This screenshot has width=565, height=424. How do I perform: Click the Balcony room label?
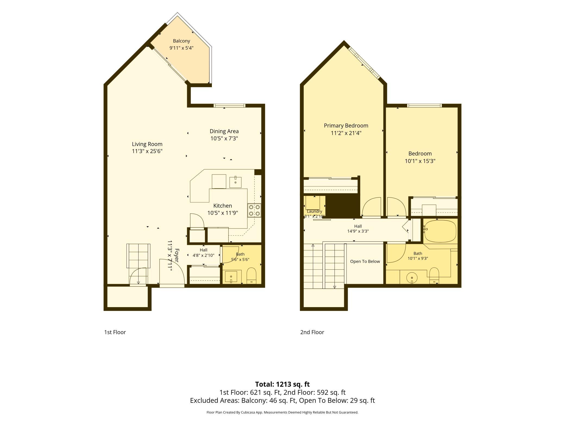(x=181, y=41)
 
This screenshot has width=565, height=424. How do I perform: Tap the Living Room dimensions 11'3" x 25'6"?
(x=147, y=151)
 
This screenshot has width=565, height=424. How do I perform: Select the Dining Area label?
(x=224, y=131)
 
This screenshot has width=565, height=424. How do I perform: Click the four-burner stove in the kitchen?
(x=254, y=210)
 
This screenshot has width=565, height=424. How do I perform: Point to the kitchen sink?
(x=235, y=182)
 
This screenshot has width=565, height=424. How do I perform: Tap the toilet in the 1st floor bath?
(x=252, y=276)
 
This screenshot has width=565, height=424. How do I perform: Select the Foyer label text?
(x=177, y=255)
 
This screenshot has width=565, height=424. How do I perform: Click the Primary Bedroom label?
(x=346, y=126)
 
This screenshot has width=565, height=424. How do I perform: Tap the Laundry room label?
(x=314, y=211)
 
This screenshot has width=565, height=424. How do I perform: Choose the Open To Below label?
(x=365, y=261)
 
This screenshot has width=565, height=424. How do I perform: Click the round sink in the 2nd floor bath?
(x=412, y=278)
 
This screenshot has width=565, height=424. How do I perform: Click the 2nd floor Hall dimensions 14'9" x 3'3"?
(x=358, y=231)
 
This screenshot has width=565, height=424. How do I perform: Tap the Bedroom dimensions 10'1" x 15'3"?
(x=420, y=161)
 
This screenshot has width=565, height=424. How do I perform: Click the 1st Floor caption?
(x=115, y=332)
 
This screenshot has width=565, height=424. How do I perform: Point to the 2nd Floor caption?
(x=312, y=332)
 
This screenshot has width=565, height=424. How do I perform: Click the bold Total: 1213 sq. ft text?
(x=282, y=384)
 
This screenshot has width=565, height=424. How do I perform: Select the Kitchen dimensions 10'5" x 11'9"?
(x=223, y=213)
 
